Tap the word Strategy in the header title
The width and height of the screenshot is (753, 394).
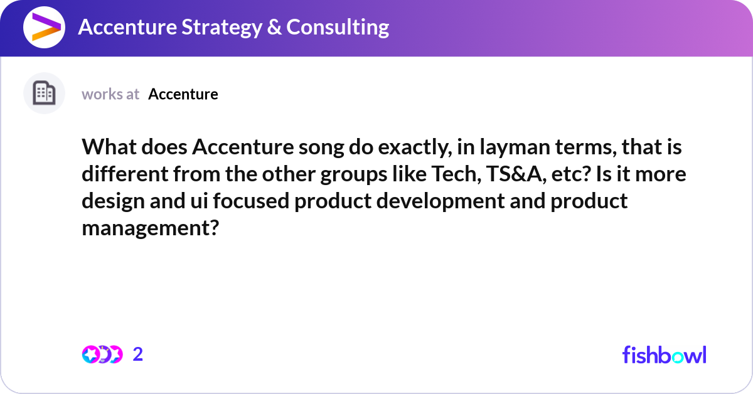[x=213, y=28]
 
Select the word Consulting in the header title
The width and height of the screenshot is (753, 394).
[x=338, y=28]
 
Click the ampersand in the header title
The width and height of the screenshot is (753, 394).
[x=275, y=28]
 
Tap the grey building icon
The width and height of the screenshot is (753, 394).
[x=44, y=93]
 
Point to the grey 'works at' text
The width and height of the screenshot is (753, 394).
[x=110, y=94]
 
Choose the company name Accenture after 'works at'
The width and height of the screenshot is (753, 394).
[x=183, y=94]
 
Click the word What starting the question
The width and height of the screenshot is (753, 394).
[x=107, y=148]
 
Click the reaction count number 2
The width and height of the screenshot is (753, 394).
[x=138, y=354]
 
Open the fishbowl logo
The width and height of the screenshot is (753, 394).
[x=664, y=354]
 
